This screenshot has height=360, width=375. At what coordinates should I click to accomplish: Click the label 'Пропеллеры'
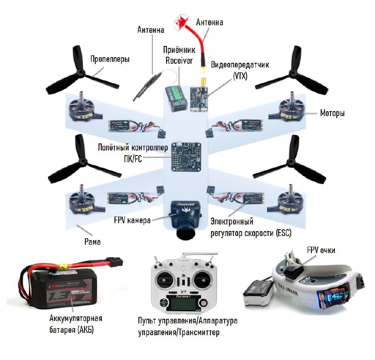(x=110, y=60)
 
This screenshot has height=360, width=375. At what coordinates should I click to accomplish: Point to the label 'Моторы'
(x=332, y=113)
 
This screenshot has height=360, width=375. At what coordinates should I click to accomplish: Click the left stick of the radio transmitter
(x=164, y=276)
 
